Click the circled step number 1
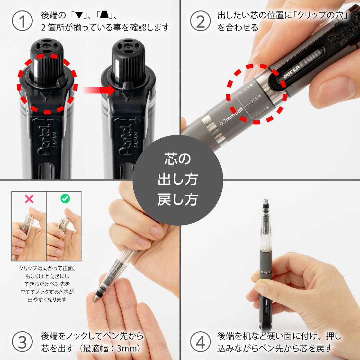pyautogui.click(x=22, y=21)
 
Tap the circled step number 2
pyautogui.click(x=200, y=21)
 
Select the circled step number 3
pyautogui.click(x=22, y=342)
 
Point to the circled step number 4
pyautogui.click(x=200, y=342)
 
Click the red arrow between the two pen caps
pyautogui.click(x=99, y=90)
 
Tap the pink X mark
pyautogui.click(x=29, y=199)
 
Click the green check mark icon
pyautogui.click(x=65, y=199)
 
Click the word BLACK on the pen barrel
pyautogui.click(x=244, y=90)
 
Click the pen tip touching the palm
pyautogui.click(x=95, y=299)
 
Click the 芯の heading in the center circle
pyautogui.click(x=177, y=159)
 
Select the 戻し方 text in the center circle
pyautogui.click(x=177, y=199)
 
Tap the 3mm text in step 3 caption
pyautogui.click(x=126, y=348)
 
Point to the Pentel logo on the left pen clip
pyautogui.click(x=44, y=140)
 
